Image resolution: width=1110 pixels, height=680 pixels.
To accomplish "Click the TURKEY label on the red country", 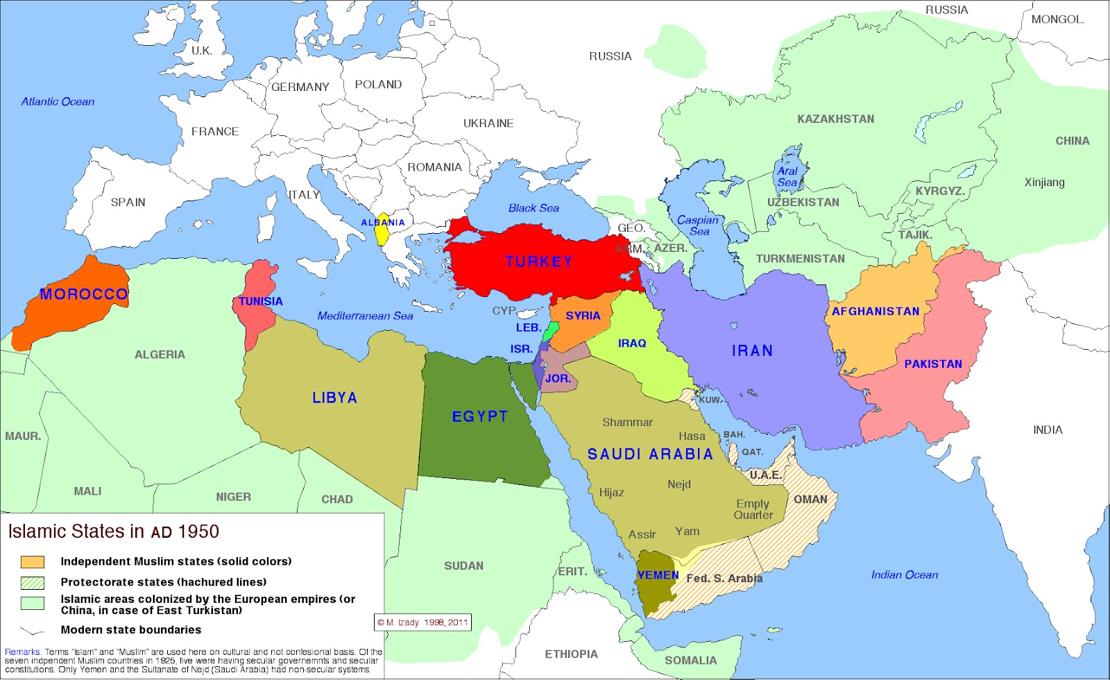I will click(539, 262).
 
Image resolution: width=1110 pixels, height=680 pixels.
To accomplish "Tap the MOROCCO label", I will click(84, 294).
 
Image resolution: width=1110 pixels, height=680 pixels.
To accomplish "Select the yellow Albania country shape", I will click(382, 235).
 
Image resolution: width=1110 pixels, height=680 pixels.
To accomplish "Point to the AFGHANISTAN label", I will click(876, 312).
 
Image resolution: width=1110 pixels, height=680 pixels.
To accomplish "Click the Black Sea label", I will click(533, 208).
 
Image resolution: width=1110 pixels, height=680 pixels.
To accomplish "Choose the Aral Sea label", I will click(787, 177).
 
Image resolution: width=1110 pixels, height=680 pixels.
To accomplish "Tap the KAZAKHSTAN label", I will click(835, 119).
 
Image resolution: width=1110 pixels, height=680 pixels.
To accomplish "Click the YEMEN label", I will click(658, 575).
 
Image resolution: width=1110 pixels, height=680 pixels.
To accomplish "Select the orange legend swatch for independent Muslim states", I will click(33, 562).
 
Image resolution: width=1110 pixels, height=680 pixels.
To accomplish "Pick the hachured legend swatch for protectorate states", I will click(33, 583).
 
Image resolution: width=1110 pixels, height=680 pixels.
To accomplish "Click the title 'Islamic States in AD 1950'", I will click(113, 532).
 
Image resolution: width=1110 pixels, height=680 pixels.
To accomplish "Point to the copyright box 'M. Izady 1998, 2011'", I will click(422, 622).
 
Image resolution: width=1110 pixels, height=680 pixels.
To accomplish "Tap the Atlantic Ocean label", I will click(58, 102).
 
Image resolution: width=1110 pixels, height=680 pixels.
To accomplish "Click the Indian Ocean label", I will click(904, 575).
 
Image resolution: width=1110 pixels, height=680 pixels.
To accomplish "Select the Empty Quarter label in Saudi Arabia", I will click(753, 509).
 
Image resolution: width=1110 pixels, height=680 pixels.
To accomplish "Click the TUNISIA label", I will click(261, 301).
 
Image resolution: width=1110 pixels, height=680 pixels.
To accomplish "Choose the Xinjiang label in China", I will click(1044, 182).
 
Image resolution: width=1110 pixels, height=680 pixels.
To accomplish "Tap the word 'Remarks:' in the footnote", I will click(22, 652).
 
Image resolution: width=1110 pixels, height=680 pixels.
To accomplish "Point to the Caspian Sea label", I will click(698, 226).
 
